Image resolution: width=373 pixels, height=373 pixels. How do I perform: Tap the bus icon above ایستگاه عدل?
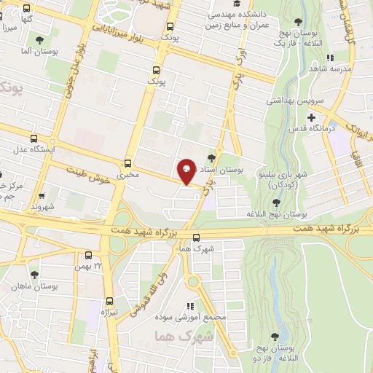pyautogui.click(x=34, y=139)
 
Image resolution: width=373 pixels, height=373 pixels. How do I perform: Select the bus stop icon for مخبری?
pyautogui.click(x=128, y=164)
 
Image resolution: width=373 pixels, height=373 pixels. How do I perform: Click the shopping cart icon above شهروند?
pyautogui.click(x=42, y=195)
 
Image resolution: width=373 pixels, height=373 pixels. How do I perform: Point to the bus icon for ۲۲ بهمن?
pyautogui.click(x=88, y=256)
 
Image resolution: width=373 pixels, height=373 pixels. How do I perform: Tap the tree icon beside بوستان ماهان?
pyautogui.click(x=12, y=286)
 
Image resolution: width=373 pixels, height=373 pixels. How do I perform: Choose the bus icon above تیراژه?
pyautogui.click(x=110, y=301)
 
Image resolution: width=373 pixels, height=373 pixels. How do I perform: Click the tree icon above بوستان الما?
pyautogui.click(x=39, y=41)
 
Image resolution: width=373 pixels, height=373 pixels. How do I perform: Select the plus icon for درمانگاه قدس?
pyautogui.click(x=311, y=117)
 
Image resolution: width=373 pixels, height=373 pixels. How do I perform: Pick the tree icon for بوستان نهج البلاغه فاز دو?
pyautogui.click(x=275, y=337)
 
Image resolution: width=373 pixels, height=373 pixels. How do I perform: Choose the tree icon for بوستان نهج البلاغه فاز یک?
pyautogui.click(x=297, y=23)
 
